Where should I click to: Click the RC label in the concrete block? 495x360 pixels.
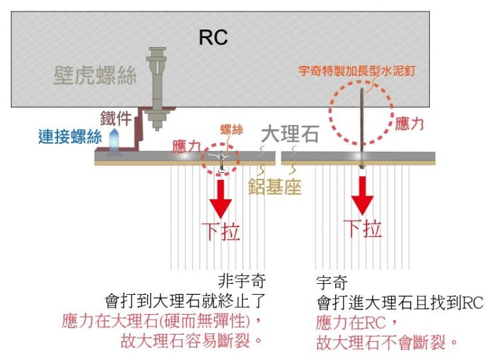pyautogui.click(x=213, y=37)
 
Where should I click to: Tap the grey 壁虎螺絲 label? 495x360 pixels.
pyautogui.click(x=95, y=75)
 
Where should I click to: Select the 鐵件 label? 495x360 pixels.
pyautogui.click(x=115, y=118)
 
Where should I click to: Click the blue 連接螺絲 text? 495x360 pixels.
pyautogui.click(x=70, y=137)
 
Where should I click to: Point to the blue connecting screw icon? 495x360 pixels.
pyautogui.click(x=113, y=143)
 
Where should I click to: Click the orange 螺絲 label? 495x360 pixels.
pyautogui.click(x=232, y=130)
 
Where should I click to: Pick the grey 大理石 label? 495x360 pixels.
pyautogui.click(x=290, y=134)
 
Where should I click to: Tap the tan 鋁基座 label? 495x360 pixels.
pyautogui.click(x=275, y=186)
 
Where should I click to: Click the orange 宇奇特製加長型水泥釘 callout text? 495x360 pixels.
pyautogui.click(x=356, y=71)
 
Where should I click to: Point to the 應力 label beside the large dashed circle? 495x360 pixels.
pyautogui.click(x=409, y=124)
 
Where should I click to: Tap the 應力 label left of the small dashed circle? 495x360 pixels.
pyautogui.click(x=186, y=146)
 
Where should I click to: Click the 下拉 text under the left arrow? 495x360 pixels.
pyautogui.click(x=221, y=232)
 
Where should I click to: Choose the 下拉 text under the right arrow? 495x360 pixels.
pyautogui.click(x=363, y=228)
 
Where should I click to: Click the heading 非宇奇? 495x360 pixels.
pyautogui.click(x=242, y=281)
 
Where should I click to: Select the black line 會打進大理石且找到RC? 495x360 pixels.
pyautogui.click(x=400, y=303)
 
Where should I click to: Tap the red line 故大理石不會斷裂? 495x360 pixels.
pyautogui.click(x=387, y=343)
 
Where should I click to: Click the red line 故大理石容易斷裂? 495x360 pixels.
pyautogui.click(x=191, y=341)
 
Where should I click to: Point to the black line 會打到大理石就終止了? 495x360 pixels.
pyautogui.click(x=185, y=301)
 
